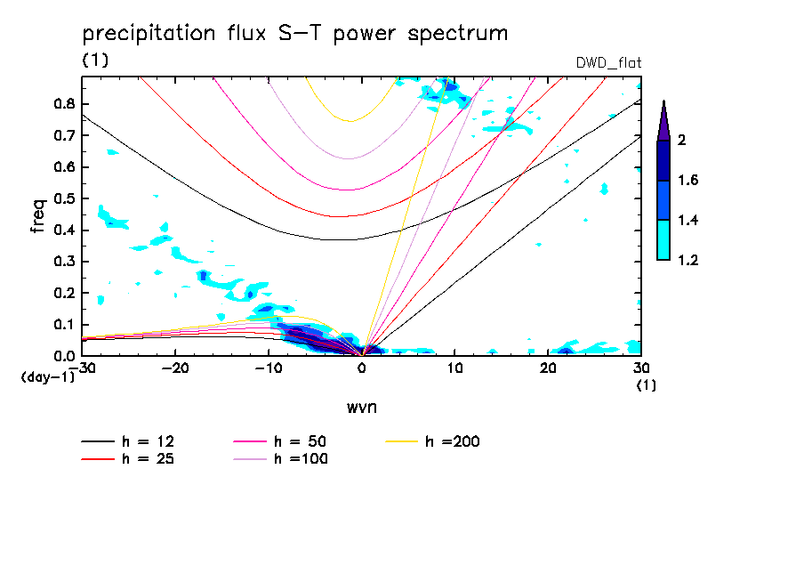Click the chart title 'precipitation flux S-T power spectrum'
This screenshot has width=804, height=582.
[294, 35]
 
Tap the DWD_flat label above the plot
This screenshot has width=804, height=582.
[609, 62]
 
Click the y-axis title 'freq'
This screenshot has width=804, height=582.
[37, 216]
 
